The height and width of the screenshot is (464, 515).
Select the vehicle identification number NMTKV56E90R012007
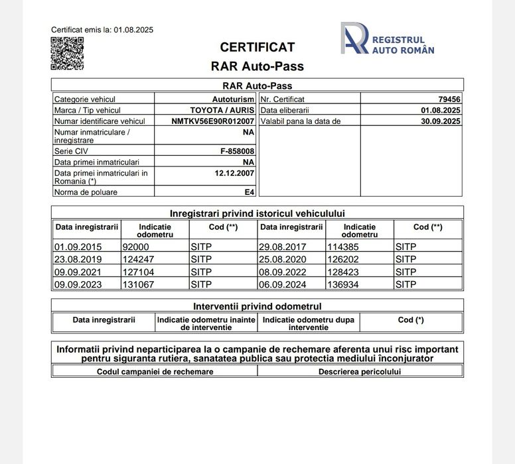212,121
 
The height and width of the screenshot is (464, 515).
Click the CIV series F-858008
237,151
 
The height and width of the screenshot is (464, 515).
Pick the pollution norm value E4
249,192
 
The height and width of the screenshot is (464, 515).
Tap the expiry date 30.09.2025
441,121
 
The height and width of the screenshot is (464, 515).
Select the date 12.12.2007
234,173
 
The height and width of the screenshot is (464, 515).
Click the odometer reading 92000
136,247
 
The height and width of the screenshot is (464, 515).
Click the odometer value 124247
138,259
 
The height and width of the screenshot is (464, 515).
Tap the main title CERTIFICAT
257,48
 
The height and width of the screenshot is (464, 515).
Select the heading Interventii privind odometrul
257,306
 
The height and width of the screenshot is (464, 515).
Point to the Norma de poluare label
86,192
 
